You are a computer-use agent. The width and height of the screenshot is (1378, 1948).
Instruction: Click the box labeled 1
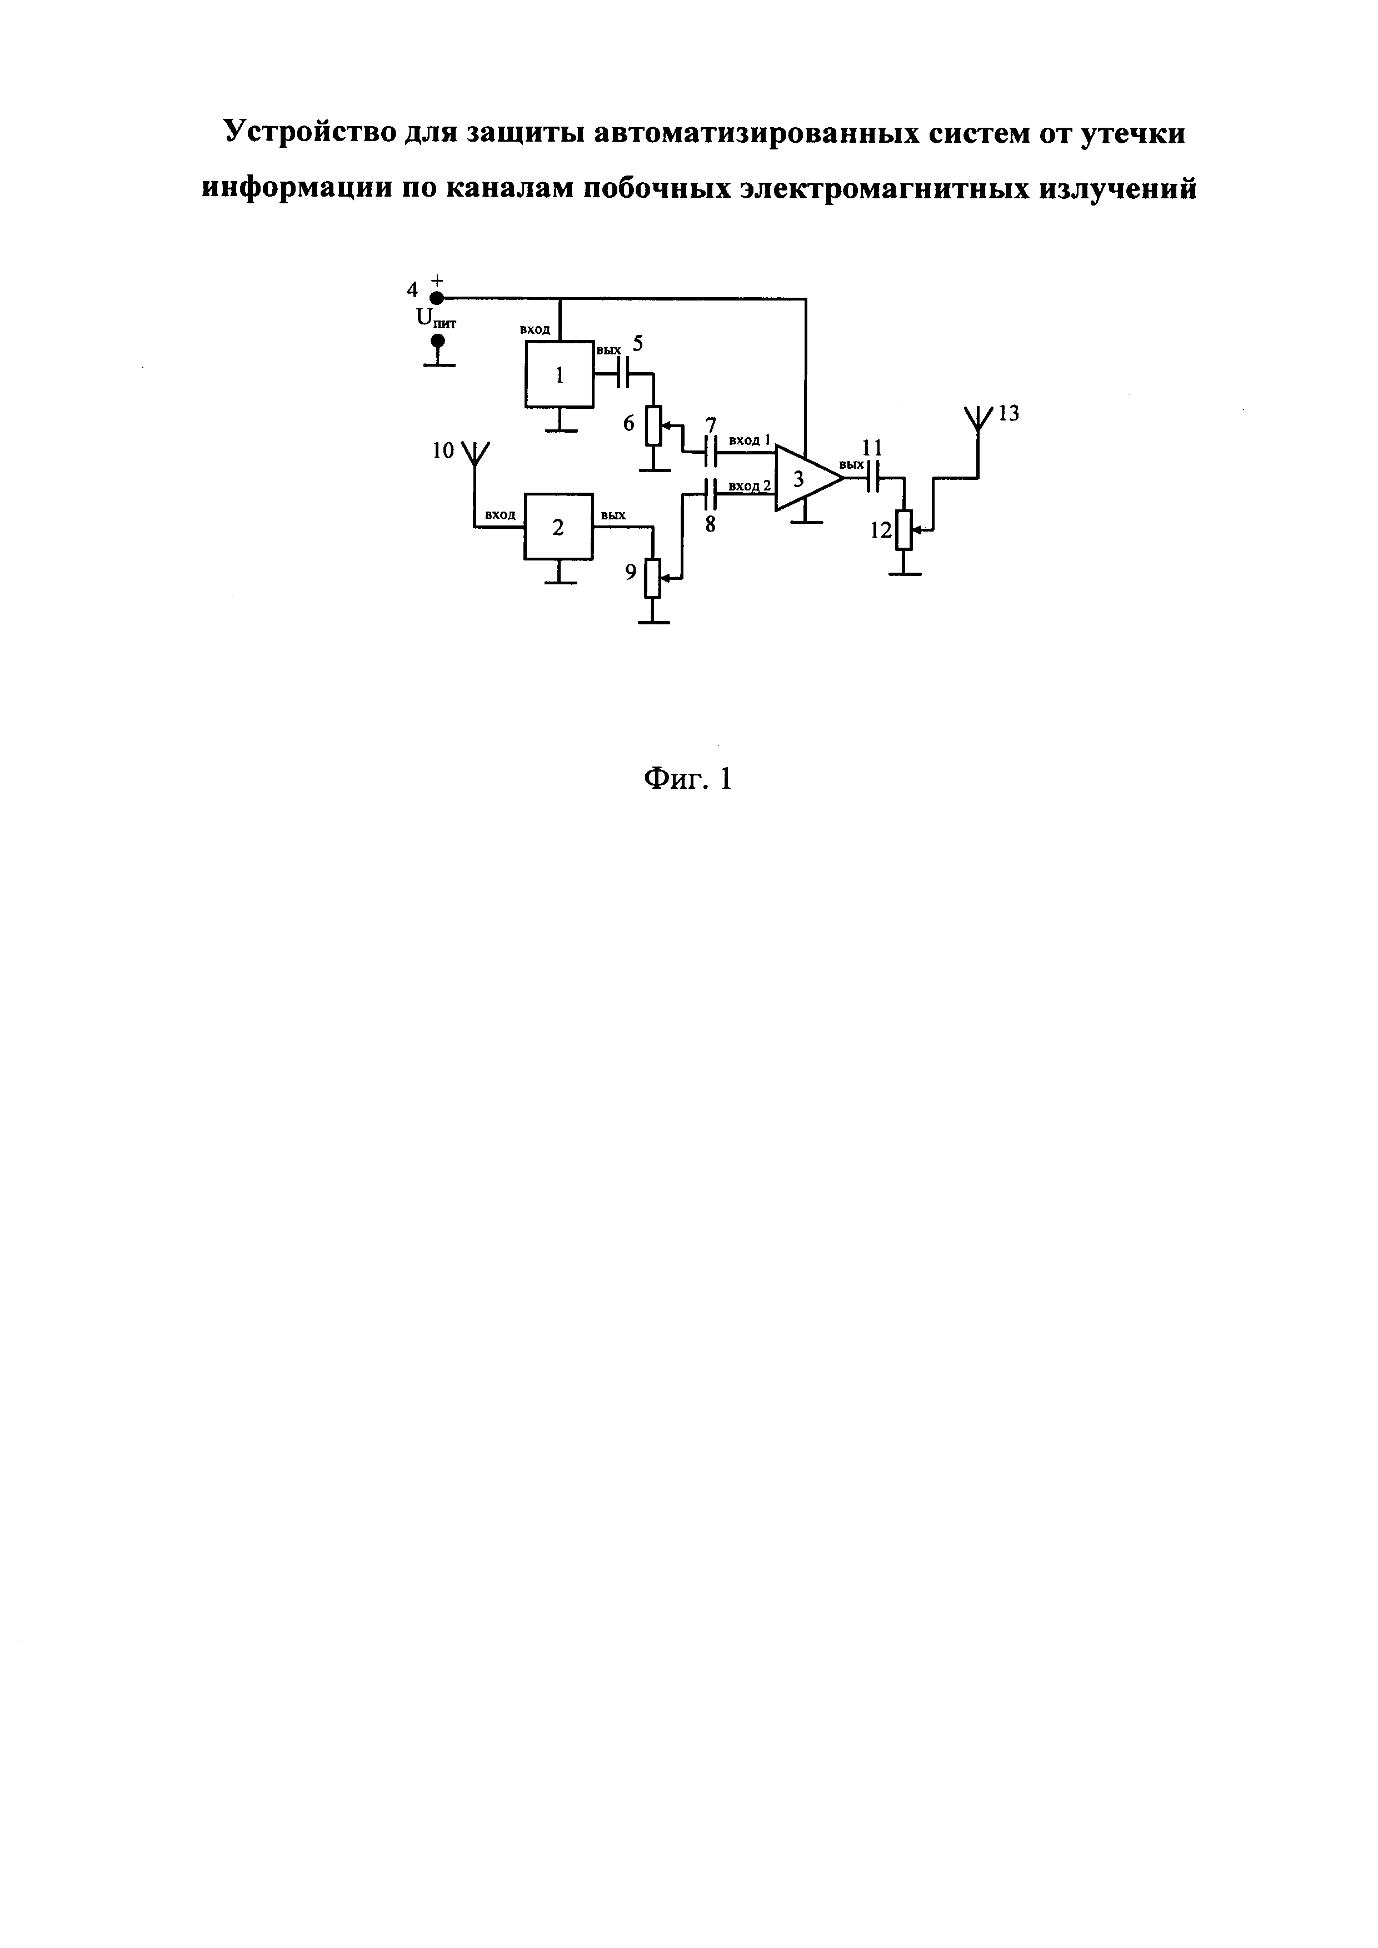pos(559,374)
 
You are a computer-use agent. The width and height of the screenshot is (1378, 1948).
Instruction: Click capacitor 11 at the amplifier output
pos(872,478)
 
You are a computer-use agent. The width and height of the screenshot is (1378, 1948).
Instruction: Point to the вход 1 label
pos(749,441)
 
